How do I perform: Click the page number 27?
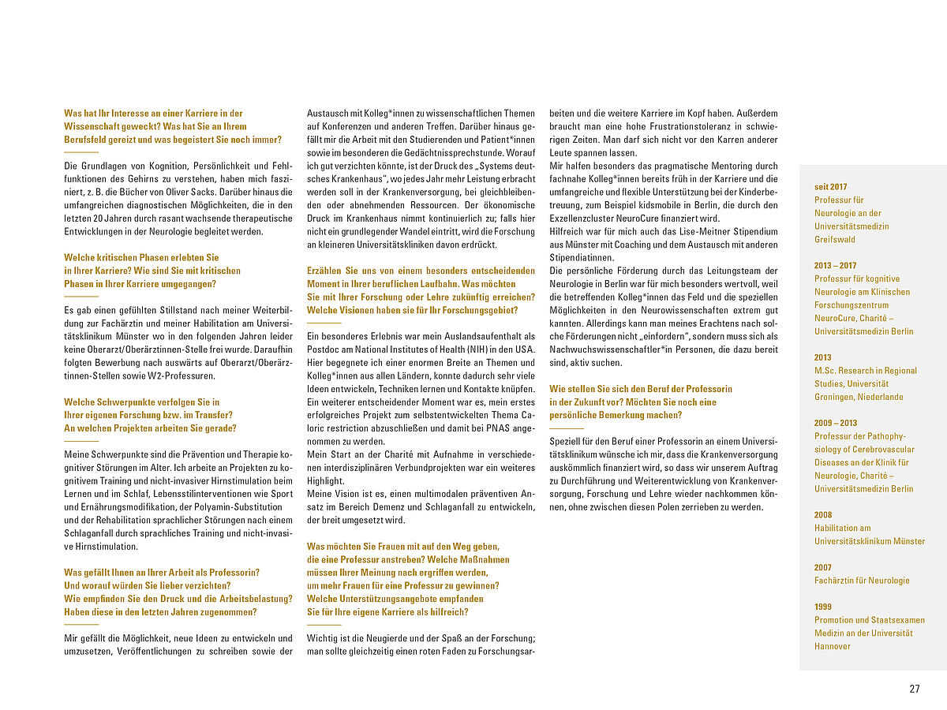pos(915,689)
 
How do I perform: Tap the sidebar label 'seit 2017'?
pos(831,187)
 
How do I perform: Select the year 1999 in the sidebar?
pos(823,607)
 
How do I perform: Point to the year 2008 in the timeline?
pos(823,515)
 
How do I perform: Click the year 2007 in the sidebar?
pos(823,567)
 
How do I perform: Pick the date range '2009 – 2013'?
pos(836,423)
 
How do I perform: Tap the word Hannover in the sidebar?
pos(833,646)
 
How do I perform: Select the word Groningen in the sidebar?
pos(837,397)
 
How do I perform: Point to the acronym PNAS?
pos(486,428)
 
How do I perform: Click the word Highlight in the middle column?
pos(325,480)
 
